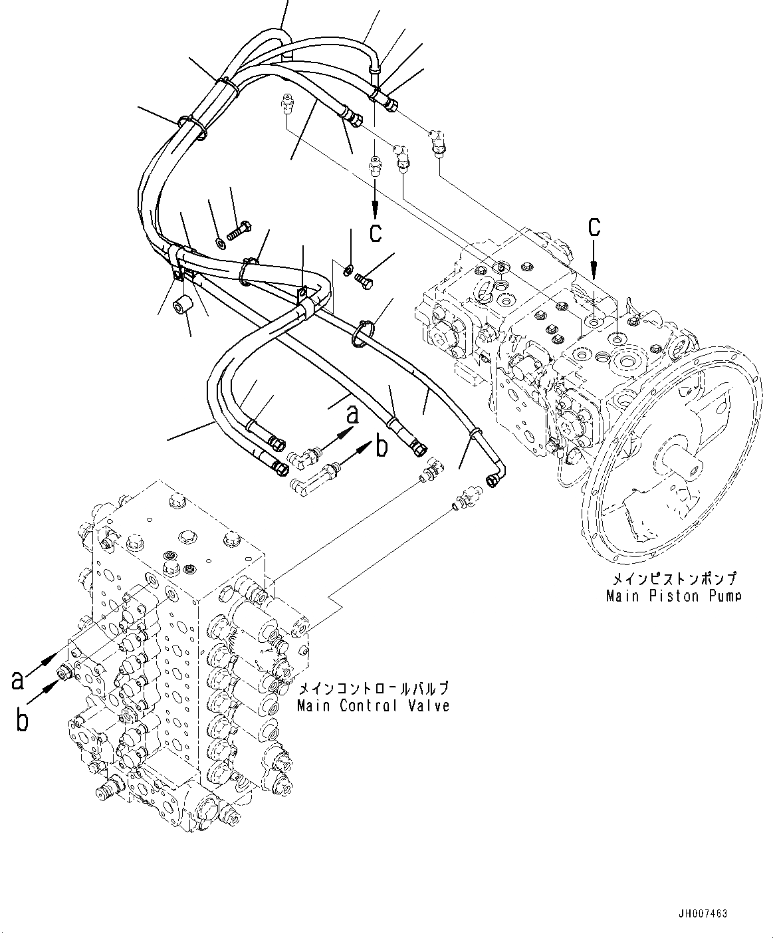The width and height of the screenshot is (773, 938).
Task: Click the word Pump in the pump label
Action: point(720,596)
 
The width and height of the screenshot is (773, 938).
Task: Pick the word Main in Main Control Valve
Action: point(314,705)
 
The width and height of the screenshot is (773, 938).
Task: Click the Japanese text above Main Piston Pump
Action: point(672,579)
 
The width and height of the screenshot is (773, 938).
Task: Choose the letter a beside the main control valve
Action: point(19,680)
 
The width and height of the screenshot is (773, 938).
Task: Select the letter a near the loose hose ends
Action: point(352,415)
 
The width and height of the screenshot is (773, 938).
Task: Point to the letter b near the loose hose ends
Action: point(381,447)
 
